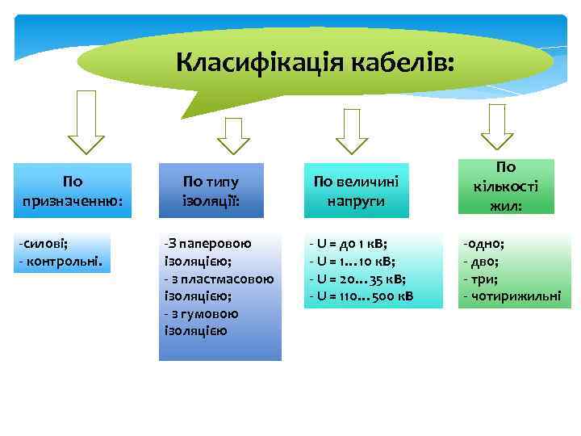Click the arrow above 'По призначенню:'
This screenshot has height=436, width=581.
(86, 122)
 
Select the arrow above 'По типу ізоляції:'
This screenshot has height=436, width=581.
(234, 135)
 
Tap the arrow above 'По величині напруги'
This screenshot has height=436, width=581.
(351, 131)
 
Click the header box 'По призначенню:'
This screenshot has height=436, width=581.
(73, 191)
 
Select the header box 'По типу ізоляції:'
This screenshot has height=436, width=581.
(211, 191)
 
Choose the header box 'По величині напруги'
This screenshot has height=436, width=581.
(356, 191)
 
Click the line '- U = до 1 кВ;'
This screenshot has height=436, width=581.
(349, 243)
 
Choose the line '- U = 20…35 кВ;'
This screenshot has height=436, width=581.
(357, 279)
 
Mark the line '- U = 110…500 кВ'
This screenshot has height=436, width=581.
(362, 296)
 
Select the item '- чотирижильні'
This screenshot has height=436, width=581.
(511, 296)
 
